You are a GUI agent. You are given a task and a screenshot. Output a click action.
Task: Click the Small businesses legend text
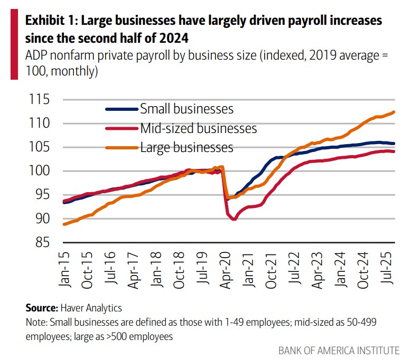click(x=186, y=109)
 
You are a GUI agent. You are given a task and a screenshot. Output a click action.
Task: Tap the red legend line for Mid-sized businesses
click(x=122, y=128)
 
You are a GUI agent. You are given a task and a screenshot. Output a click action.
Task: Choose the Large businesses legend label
click(x=186, y=147)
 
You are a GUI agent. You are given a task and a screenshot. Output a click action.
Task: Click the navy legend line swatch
click(x=122, y=109)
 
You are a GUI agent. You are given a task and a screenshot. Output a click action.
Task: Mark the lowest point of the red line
click(x=233, y=219)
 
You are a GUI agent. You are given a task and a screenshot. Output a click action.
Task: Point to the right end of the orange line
click(x=395, y=112)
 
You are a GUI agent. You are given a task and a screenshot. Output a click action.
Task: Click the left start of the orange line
click(x=63, y=224)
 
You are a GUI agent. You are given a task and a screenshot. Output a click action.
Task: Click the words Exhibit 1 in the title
click(x=49, y=21)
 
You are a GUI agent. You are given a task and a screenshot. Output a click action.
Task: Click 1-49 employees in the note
click(x=221, y=321)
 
